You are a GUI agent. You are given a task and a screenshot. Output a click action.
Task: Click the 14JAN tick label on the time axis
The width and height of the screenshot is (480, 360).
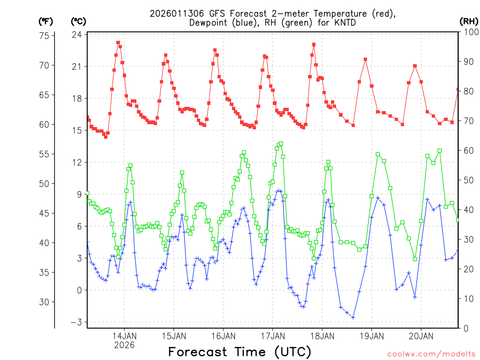click(124, 336)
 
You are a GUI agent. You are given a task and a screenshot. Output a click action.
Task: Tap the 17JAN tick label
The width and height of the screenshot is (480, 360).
click(272, 336)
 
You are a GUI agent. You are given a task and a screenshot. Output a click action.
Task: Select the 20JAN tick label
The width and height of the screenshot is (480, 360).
click(420, 336)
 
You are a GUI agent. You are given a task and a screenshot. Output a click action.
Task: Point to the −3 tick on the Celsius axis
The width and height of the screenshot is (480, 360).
click(76, 322)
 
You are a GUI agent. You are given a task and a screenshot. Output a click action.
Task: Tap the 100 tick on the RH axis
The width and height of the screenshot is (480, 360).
click(469, 32)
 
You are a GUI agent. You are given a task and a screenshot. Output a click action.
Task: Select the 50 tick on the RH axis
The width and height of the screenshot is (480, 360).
click(467, 180)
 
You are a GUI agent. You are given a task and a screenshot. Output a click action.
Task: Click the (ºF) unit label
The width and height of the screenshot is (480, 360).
click(45, 21)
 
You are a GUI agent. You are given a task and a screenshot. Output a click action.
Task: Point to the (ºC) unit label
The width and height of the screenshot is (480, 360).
click(78, 21)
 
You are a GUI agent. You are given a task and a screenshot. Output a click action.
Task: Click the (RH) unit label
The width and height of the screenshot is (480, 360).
click(469, 21)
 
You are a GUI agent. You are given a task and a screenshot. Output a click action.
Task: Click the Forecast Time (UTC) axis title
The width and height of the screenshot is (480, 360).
click(240, 352)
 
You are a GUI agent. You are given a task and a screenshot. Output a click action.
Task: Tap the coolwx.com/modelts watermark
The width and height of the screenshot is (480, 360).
click(431, 353)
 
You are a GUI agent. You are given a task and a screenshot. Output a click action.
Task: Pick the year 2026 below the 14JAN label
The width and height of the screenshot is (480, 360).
click(124, 345)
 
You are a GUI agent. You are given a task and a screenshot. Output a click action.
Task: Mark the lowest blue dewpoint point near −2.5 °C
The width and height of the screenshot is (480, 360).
click(353, 317)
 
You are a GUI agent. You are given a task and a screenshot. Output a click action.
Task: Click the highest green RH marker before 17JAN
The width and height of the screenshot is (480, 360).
click(280, 143)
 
